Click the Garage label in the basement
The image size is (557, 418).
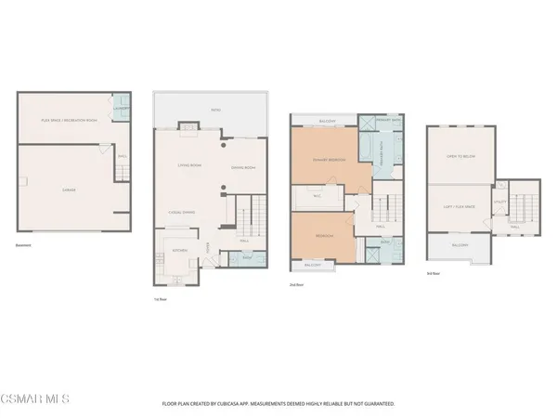pyautogui.click(x=68, y=189)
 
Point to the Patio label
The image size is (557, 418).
pyautogui.click(x=214, y=110)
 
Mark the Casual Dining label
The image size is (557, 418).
pyautogui.click(x=183, y=212)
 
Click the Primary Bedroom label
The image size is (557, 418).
pyautogui.click(x=321, y=159)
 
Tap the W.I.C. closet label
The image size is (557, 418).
pyautogui.click(x=316, y=196)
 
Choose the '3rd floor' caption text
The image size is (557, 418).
pyautogui.click(x=433, y=274)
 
